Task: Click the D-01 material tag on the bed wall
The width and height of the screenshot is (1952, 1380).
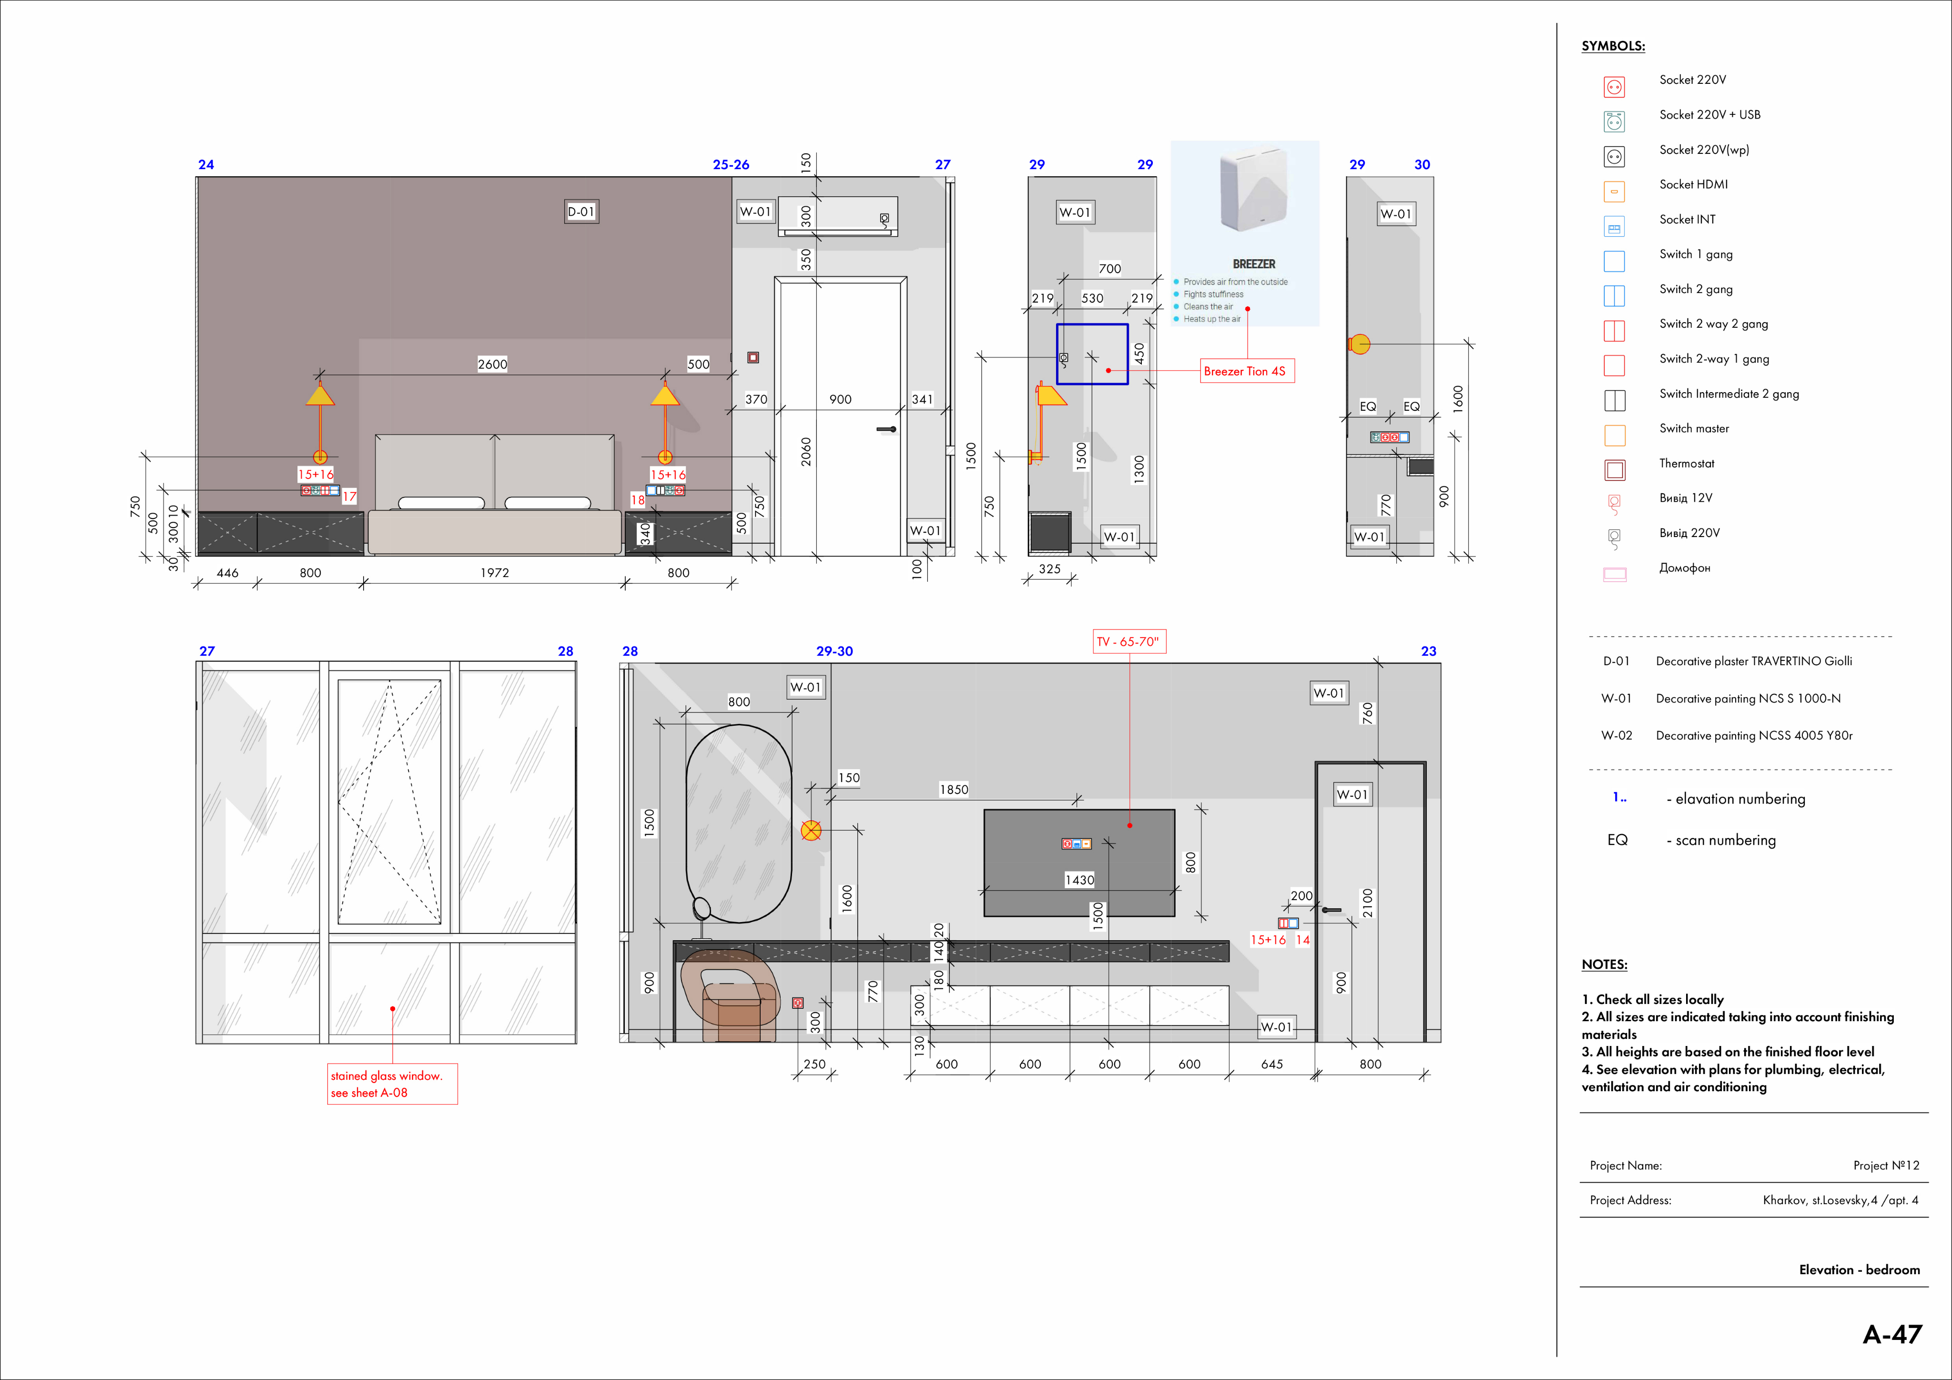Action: pyautogui.click(x=581, y=212)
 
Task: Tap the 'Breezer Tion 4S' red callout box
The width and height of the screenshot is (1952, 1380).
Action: pyautogui.click(x=1246, y=371)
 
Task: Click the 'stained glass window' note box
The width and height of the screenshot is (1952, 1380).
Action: pyautogui.click(x=392, y=1084)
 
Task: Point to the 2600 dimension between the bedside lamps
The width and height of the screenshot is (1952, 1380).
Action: pyautogui.click(x=492, y=364)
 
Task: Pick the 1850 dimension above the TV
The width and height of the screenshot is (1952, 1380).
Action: pyautogui.click(x=954, y=789)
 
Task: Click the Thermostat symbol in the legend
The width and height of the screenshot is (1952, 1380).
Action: pyautogui.click(x=1615, y=470)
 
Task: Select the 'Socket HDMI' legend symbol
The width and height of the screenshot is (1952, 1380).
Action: pyautogui.click(x=1615, y=191)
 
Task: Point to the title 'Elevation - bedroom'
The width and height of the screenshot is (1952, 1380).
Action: pyautogui.click(x=1860, y=1269)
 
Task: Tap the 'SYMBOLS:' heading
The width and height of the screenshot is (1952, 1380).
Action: pyautogui.click(x=1613, y=46)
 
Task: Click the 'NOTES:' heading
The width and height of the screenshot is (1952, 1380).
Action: pyautogui.click(x=1604, y=964)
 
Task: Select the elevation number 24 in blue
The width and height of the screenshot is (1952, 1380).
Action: pyautogui.click(x=206, y=164)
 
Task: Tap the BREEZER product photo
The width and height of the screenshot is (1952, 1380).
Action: pyautogui.click(x=1254, y=189)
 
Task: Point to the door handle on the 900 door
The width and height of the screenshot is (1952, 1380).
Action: pyautogui.click(x=887, y=429)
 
